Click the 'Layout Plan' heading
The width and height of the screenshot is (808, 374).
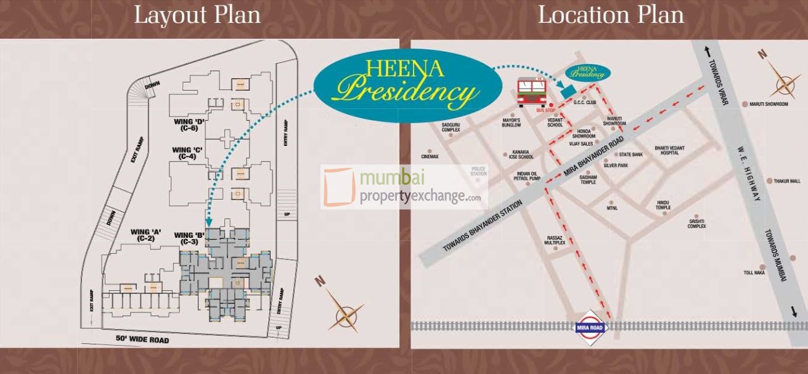point(197,15)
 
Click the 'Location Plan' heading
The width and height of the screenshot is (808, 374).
point(611,15)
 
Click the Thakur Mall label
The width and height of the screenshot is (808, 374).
point(787,181)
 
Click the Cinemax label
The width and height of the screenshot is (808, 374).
point(430,157)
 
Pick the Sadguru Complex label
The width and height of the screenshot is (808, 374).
point(451,128)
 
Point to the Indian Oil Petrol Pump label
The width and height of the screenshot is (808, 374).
point(528,176)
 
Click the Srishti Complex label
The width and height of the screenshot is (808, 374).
point(696,223)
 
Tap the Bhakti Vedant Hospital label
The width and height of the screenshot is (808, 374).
point(669,150)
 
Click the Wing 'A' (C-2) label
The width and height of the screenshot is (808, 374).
point(145,235)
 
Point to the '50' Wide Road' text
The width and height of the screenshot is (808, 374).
point(142,339)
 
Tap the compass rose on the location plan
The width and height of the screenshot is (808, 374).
point(783,81)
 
